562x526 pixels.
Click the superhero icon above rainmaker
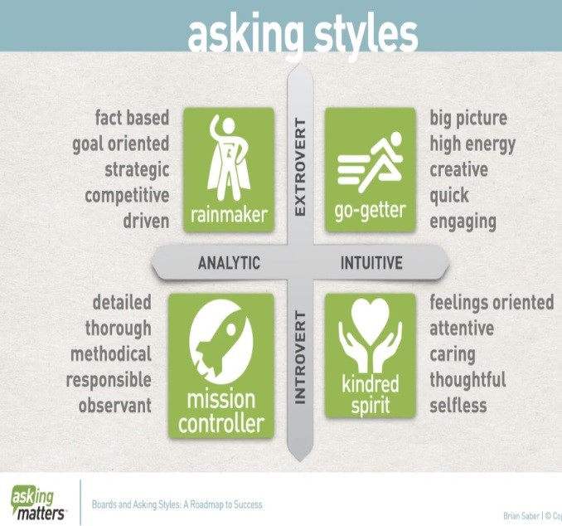tap(228, 158)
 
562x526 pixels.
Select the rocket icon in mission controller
tap(221, 341)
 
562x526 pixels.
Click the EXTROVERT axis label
tap(300, 168)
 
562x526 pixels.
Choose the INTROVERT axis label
tap(300, 358)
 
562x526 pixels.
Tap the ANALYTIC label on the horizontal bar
tap(229, 263)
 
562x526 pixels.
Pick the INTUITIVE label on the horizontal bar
tap(371, 263)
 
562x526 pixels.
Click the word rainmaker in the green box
tap(229, 215)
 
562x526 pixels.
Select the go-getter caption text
tap(370, 212)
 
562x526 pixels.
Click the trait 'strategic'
tap(137, 170)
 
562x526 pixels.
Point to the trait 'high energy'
tap(472, 144)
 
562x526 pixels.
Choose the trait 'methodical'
tap(111, 354)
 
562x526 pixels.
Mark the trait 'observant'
tap(115, 406)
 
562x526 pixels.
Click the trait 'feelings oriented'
tap(492, 303)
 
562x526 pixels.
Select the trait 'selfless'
tap(458, 406)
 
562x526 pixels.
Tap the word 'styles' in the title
tap(366, 37)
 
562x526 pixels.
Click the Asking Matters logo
tap(39, 503)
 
